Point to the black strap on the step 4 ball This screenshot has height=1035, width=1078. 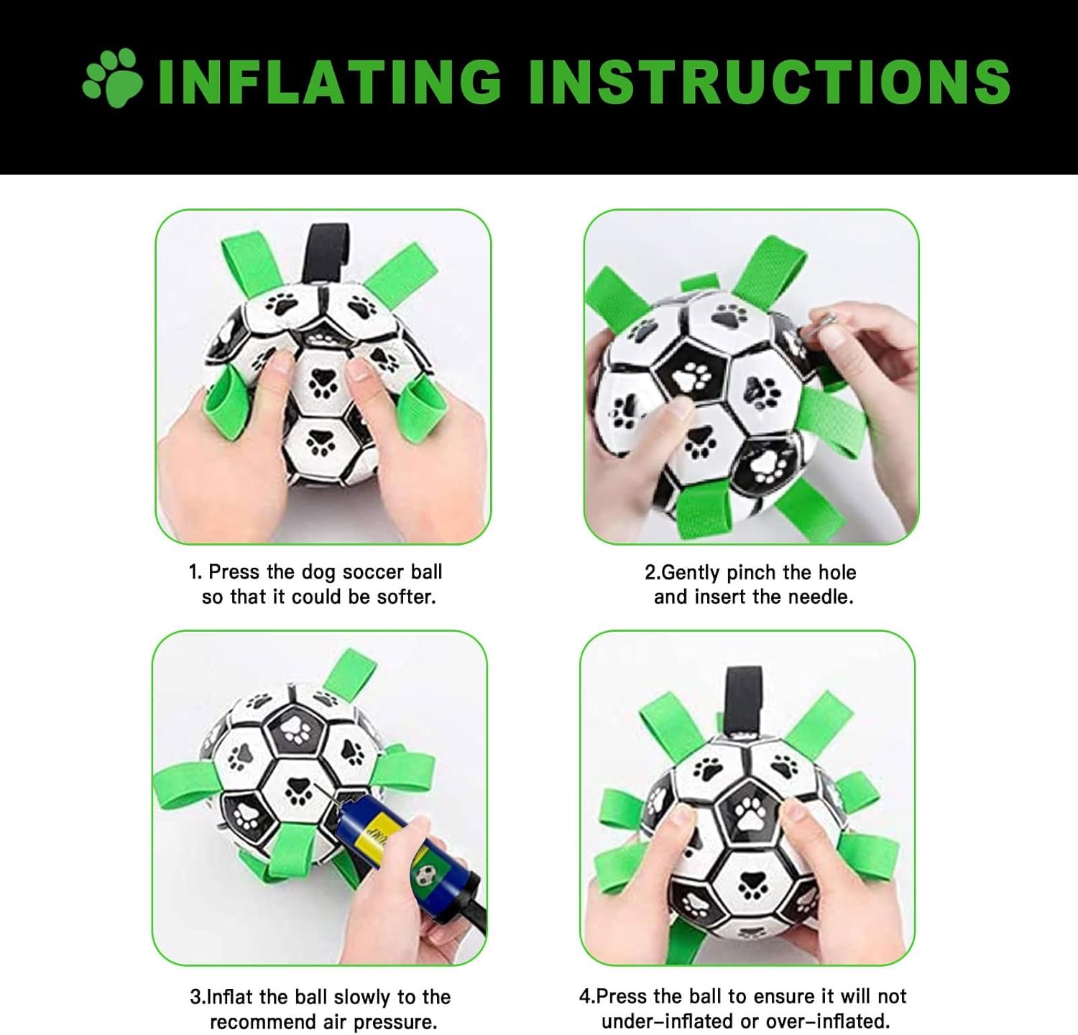pos(744,701)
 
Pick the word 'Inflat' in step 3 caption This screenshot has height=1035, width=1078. pos(229,997)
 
